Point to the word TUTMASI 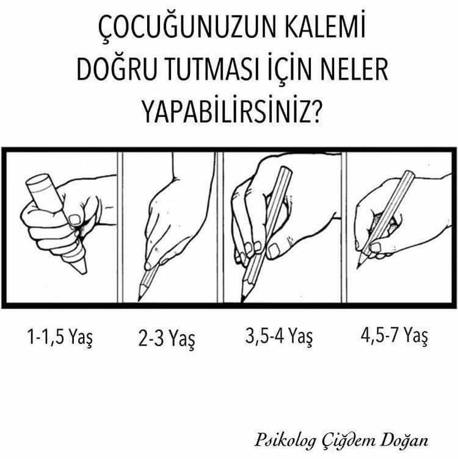click(213, 70)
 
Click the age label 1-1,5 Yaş click(60, 337)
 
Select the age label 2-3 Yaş click(167, 340)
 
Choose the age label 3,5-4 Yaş click(279, 336)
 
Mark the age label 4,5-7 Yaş click(394, 335)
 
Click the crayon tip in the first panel click(85, 272)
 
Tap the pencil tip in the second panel click(139, 299)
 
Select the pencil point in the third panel click(242, 301)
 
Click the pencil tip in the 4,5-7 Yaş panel click(357, 267)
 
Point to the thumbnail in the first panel click(75, 219)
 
